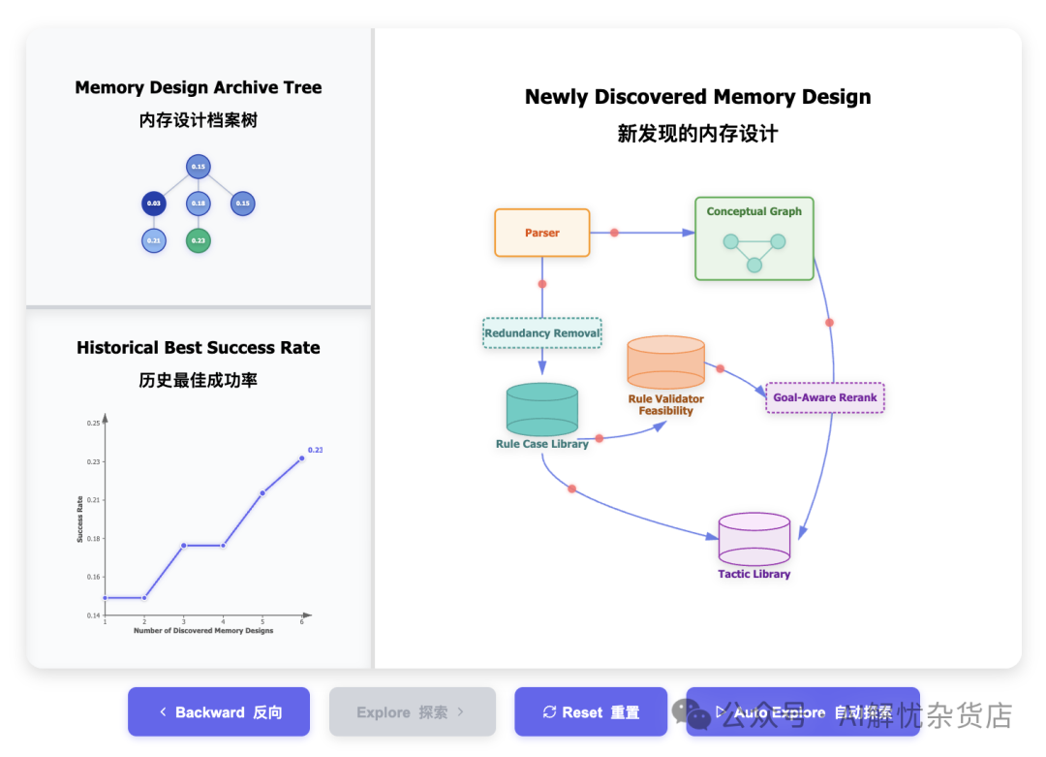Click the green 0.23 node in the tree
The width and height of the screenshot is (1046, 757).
pyautogui.click(x=198, y=240)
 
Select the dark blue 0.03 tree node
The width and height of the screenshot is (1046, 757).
pyautogui.click(x=154, y=204)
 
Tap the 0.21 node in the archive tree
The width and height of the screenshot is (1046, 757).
pyautogui.click(x=154, y=240)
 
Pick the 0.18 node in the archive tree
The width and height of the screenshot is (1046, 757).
pyautogui.click(x=198, y=204)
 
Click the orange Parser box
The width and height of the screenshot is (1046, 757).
pyautogui.click(x=541, y=233)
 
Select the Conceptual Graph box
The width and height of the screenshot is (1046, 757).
pyautogui.click(x=754, y=238)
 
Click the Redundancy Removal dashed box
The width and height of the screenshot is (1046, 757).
pyautogui.click(x=542, y=333)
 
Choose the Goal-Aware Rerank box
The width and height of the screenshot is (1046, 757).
pyautogui.click(x=824, y=397)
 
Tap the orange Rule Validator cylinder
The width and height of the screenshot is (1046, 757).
pyautogui.click(x=665, y=363)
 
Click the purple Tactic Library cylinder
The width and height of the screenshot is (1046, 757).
pyautogui.click(x=754, y=540)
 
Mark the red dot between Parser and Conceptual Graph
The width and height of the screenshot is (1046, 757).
pyautogui.click(x=614, y=233)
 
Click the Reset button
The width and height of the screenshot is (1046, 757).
pyautogui.click(x=591, y=712)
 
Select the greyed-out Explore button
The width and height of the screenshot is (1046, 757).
pyautogui.click(x=412, y=712)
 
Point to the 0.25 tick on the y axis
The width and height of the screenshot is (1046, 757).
pyautogui.click(x=93, y=424)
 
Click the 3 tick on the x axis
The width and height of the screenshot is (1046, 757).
pyautogui.click(x=184, y=621)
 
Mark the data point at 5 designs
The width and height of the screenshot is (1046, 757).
pyautogui.click(x=262, y=492)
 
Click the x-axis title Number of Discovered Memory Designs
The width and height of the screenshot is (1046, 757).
pyautogui.click(x=203, y=631)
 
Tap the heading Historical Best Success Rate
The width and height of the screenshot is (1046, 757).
pyautogui.click(x=198, y=348)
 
